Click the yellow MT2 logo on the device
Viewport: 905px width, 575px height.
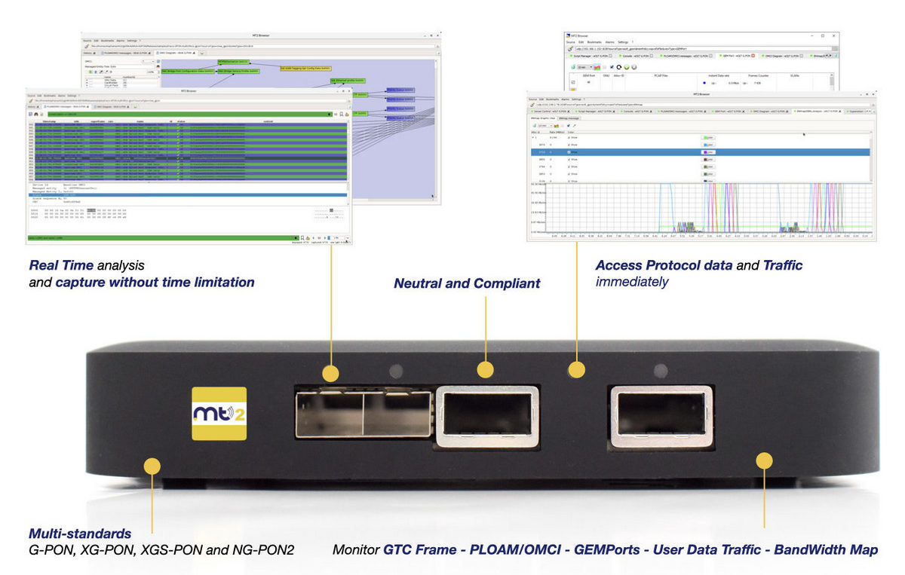219,413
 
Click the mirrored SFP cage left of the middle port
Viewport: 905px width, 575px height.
363,414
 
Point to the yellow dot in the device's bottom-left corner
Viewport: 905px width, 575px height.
152,466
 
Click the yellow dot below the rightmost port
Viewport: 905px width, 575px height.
765,459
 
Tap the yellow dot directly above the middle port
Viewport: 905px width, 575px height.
486,369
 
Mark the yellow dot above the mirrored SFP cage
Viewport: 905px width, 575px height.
330,373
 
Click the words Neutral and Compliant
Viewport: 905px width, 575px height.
467,283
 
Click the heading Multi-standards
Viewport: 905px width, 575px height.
80,534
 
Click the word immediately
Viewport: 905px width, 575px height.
632,282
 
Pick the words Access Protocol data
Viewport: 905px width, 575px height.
664,265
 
